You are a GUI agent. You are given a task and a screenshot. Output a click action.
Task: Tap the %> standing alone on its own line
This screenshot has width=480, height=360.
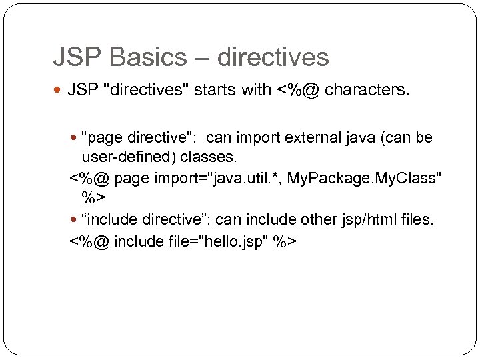tap(93, 199)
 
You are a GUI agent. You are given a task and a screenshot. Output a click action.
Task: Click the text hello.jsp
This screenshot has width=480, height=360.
tap(231, 240)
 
